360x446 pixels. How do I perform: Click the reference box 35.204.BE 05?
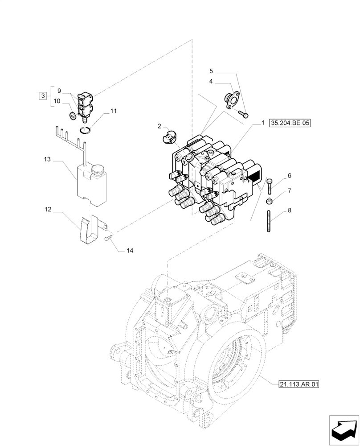pos(289,124)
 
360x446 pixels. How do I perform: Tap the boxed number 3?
pos(42,95)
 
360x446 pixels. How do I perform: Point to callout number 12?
pos(48,209)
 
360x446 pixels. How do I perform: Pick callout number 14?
pos(129,251)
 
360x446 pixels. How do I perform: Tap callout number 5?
pos(212,71)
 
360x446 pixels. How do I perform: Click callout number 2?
pos(159,127)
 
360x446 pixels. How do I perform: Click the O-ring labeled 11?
pos(86,130)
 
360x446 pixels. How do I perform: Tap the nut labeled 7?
pos(269,201)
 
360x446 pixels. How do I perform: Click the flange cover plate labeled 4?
pos(231,99)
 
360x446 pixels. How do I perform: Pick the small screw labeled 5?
pos(243,114)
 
